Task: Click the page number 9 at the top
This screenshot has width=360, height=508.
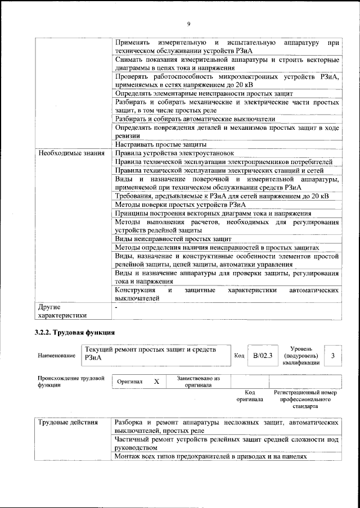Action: [189, 24]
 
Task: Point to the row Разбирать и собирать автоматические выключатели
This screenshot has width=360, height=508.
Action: [195, 119]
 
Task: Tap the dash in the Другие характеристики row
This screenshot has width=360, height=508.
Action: [116, 308]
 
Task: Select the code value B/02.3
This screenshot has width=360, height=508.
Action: [262, 355]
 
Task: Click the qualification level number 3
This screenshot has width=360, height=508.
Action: [333, 355]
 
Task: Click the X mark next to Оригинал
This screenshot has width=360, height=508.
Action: [157, 382]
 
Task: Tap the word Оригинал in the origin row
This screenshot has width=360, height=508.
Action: [129, 382]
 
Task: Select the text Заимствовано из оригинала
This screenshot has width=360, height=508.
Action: [197, 382]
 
